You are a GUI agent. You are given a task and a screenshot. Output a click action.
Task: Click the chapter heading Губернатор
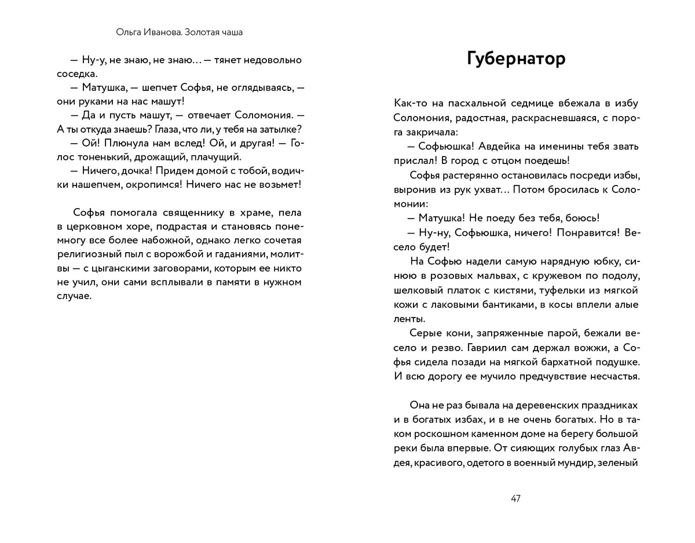pos(515,59)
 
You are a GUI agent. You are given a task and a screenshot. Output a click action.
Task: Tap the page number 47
pos(515,499)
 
